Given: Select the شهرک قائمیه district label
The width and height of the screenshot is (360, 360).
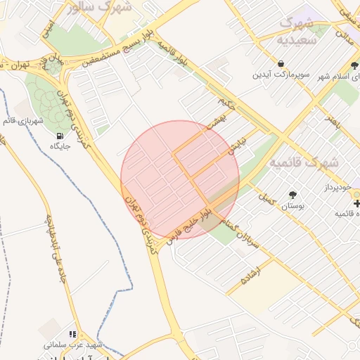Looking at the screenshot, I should click(x=304, y=162).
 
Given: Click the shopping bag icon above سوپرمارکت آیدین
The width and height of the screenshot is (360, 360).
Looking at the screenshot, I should click(x=281, y=63).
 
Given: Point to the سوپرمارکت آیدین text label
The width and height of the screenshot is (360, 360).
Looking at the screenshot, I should click(x=281, y=74).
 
